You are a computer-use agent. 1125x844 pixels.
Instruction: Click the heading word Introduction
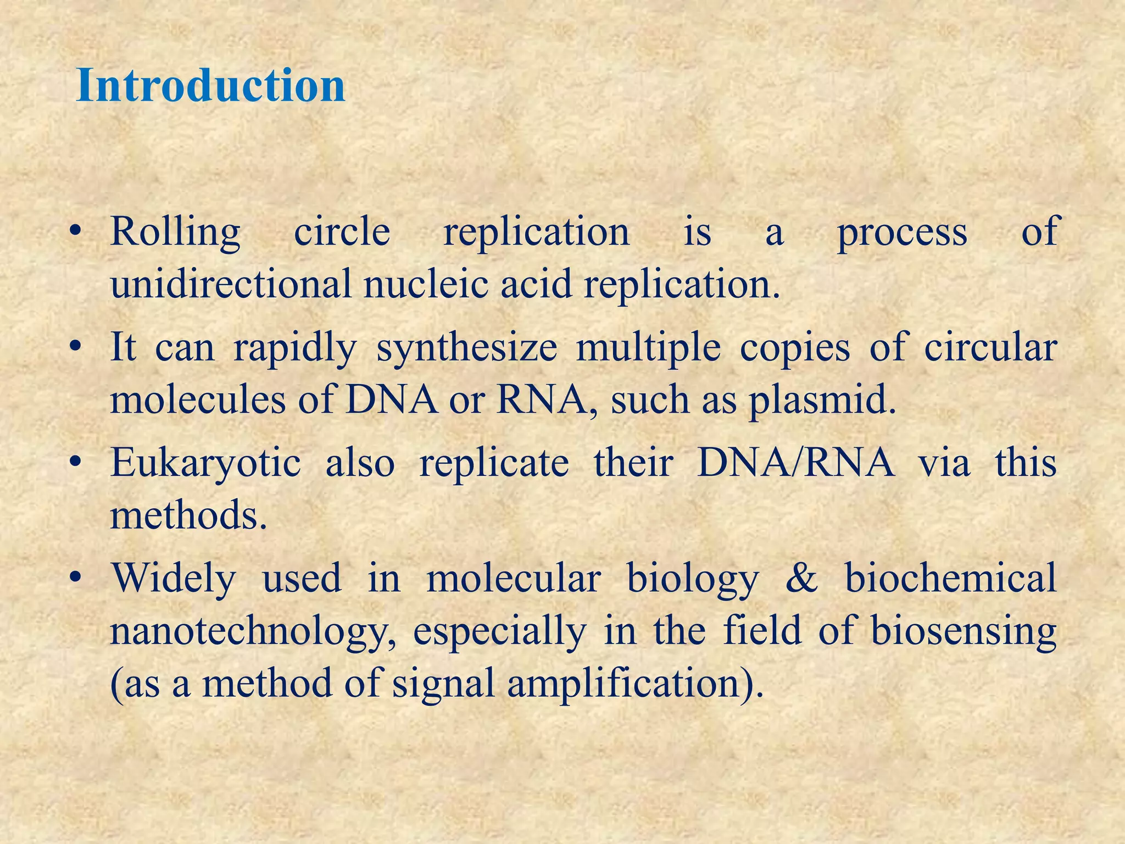[x=211, y=86]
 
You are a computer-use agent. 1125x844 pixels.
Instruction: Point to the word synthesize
[x=466, y=348]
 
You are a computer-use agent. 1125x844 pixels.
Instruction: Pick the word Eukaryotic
[x=205, y=463]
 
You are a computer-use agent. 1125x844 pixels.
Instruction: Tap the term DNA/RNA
[x=795, y=462]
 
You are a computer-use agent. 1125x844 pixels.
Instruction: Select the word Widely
[x=174, y=579]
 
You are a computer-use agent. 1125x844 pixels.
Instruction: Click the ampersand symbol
[x=801, y=578]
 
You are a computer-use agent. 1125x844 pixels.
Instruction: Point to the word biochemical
[x=950, y=578]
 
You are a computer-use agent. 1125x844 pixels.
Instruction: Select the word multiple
[x=648, y=348]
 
